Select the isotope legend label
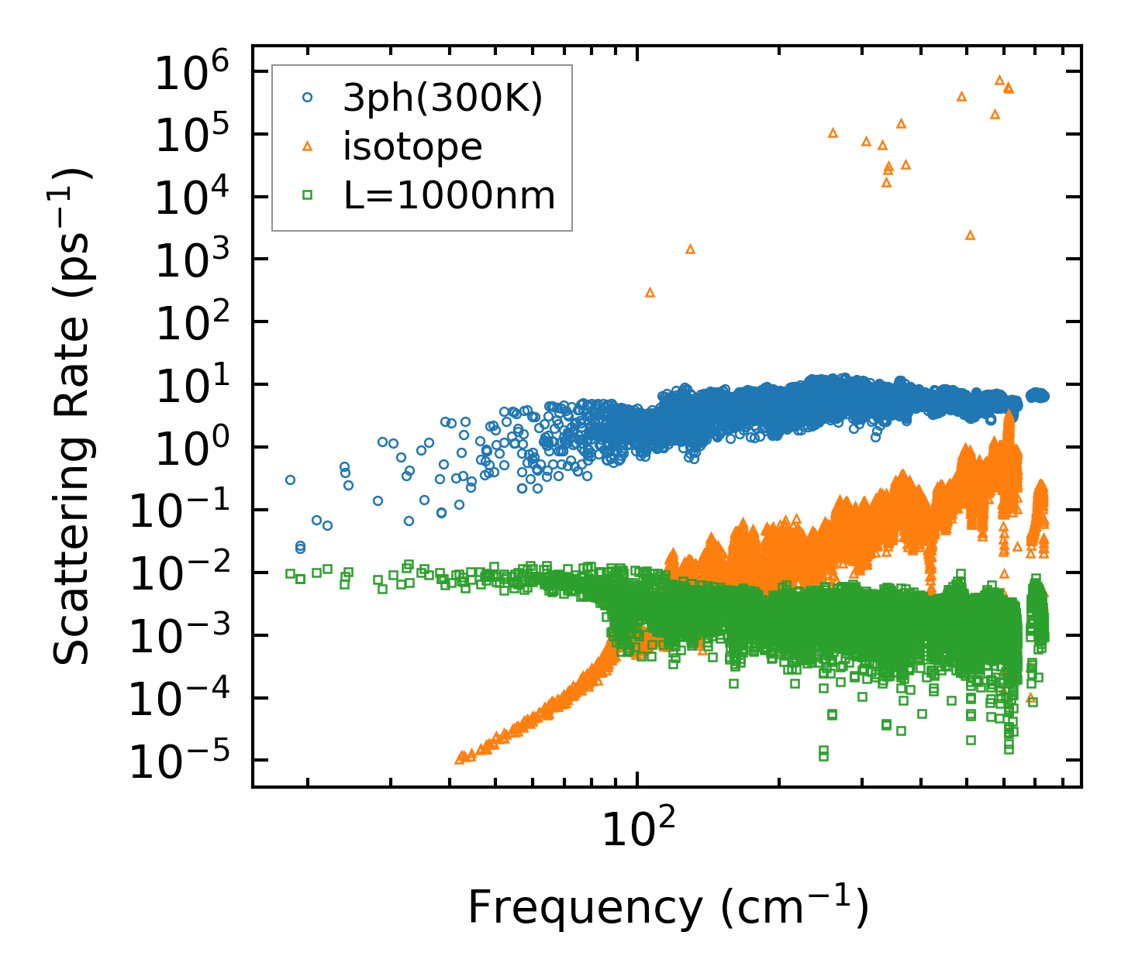pyautogui.click(x=412, y=147)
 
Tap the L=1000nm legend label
pyautogui.click(x=450, y=196)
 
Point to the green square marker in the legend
pyautogui.click(x=308, y=195)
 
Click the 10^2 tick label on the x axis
pyautogui.click(x=638, y=830)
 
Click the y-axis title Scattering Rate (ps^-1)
pyautogui.click(x=73, y=416)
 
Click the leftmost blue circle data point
pyautogui.click(x=290, y=480)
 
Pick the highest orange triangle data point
pyautogui.click(x=999, y=80)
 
